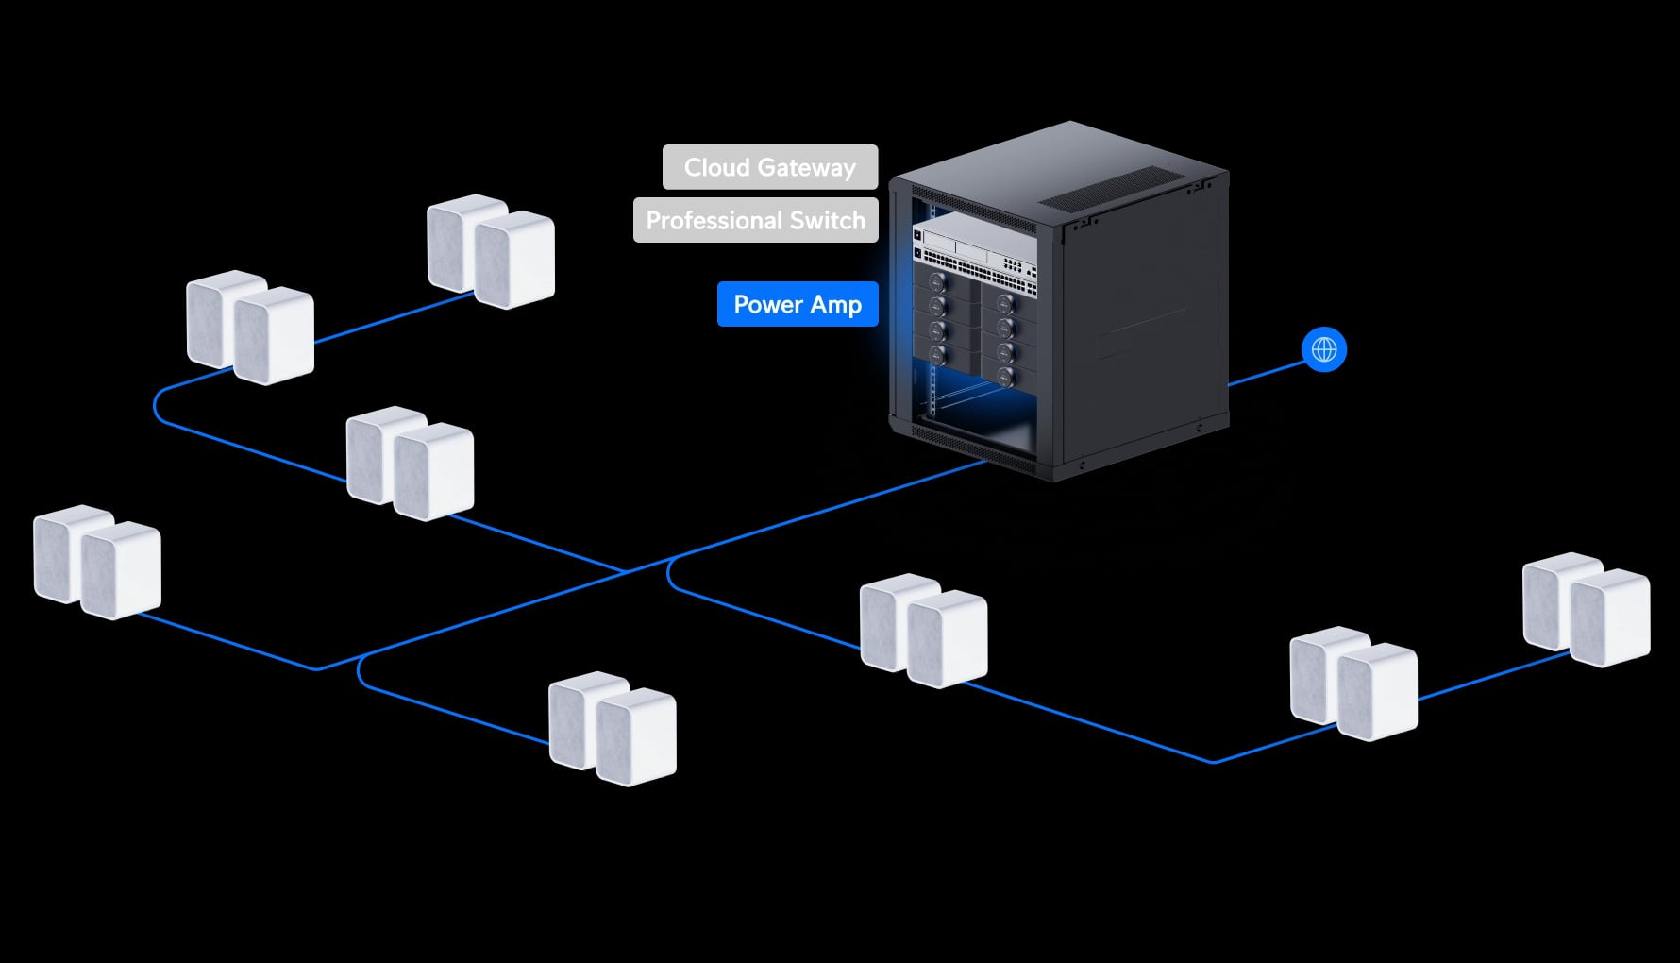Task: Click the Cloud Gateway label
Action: pos(770,167)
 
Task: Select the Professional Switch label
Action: pos(756,220)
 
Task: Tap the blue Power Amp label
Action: pos(798,304)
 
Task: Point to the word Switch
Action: pos(828,220)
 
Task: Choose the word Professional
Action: pos(714,221)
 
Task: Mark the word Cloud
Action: pos(716,167)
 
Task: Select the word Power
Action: pos(768,304)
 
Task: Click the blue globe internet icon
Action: pos(1324,350)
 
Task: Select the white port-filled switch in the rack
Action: pos(974,251)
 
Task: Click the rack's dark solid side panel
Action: pos(1145,321)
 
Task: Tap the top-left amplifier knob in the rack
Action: pos(937,282)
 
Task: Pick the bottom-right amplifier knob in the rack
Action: pos(1005,377)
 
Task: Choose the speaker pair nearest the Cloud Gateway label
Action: pos(491,251)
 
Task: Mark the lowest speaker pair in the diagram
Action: pos(613,728)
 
